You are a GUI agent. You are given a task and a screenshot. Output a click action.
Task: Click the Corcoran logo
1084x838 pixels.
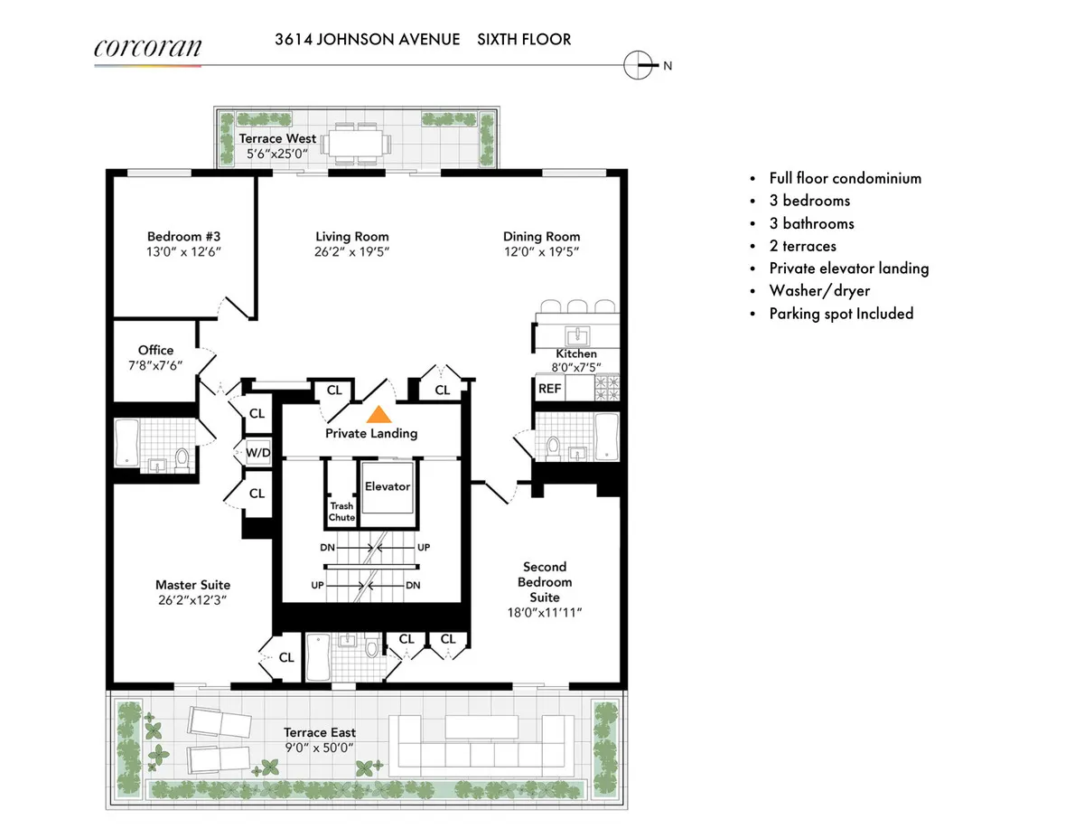[147, 47]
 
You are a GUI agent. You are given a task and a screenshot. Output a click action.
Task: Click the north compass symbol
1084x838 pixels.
[639, 64]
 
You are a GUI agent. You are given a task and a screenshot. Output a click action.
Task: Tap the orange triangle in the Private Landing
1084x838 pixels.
[378, 415]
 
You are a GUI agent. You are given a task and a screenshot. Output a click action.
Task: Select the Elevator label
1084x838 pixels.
[388, 486]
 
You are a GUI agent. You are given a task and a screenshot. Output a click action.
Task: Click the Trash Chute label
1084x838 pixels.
[341, 512]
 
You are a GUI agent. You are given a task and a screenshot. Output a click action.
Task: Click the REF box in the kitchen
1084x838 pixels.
[549, 389]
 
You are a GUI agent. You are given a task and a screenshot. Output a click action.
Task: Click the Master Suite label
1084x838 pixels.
[192, 585]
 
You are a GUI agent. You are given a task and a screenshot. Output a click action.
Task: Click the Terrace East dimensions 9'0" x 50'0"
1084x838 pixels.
[320, 748]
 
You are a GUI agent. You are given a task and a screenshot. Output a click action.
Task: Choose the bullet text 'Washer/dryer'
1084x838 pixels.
[819, 291]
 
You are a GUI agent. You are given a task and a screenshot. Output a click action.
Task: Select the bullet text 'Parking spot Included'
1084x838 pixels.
[841, 314]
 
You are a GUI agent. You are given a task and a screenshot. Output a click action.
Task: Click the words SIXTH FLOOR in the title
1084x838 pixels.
[524, 40]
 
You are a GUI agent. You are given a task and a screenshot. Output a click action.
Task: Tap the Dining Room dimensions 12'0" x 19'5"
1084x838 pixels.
[542, 252]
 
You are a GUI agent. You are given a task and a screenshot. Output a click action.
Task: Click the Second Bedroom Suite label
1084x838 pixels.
[545, 581]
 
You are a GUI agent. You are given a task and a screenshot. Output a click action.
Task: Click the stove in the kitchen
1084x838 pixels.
[606, 389]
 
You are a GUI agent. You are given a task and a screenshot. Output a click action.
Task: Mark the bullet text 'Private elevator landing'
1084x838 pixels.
[848, 268]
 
